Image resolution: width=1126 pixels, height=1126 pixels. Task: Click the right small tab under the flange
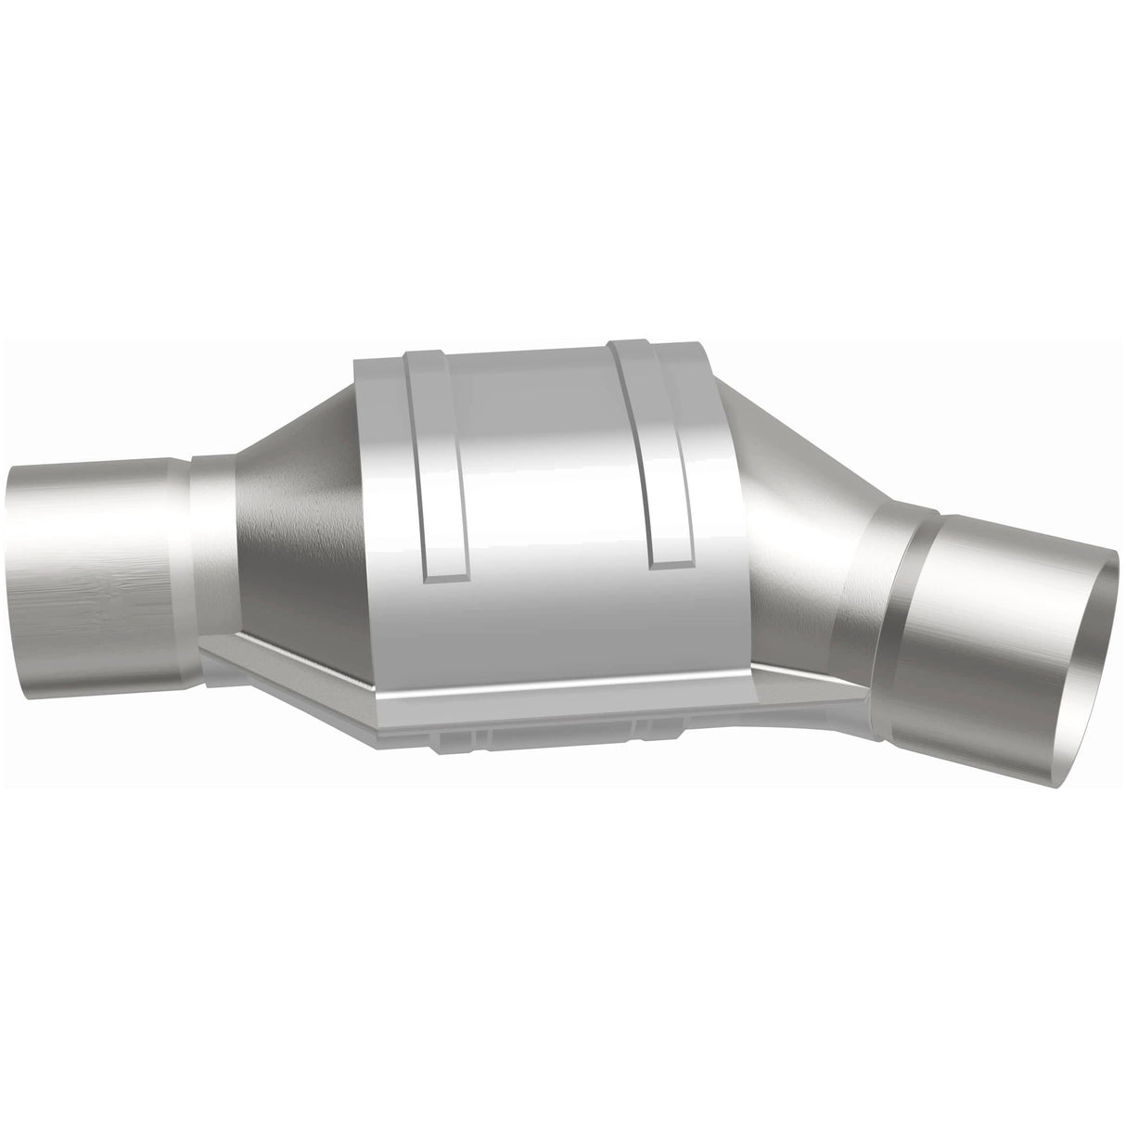click(x=649, y=723)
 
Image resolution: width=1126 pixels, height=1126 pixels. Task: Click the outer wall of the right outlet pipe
click(x=983, y=649)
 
